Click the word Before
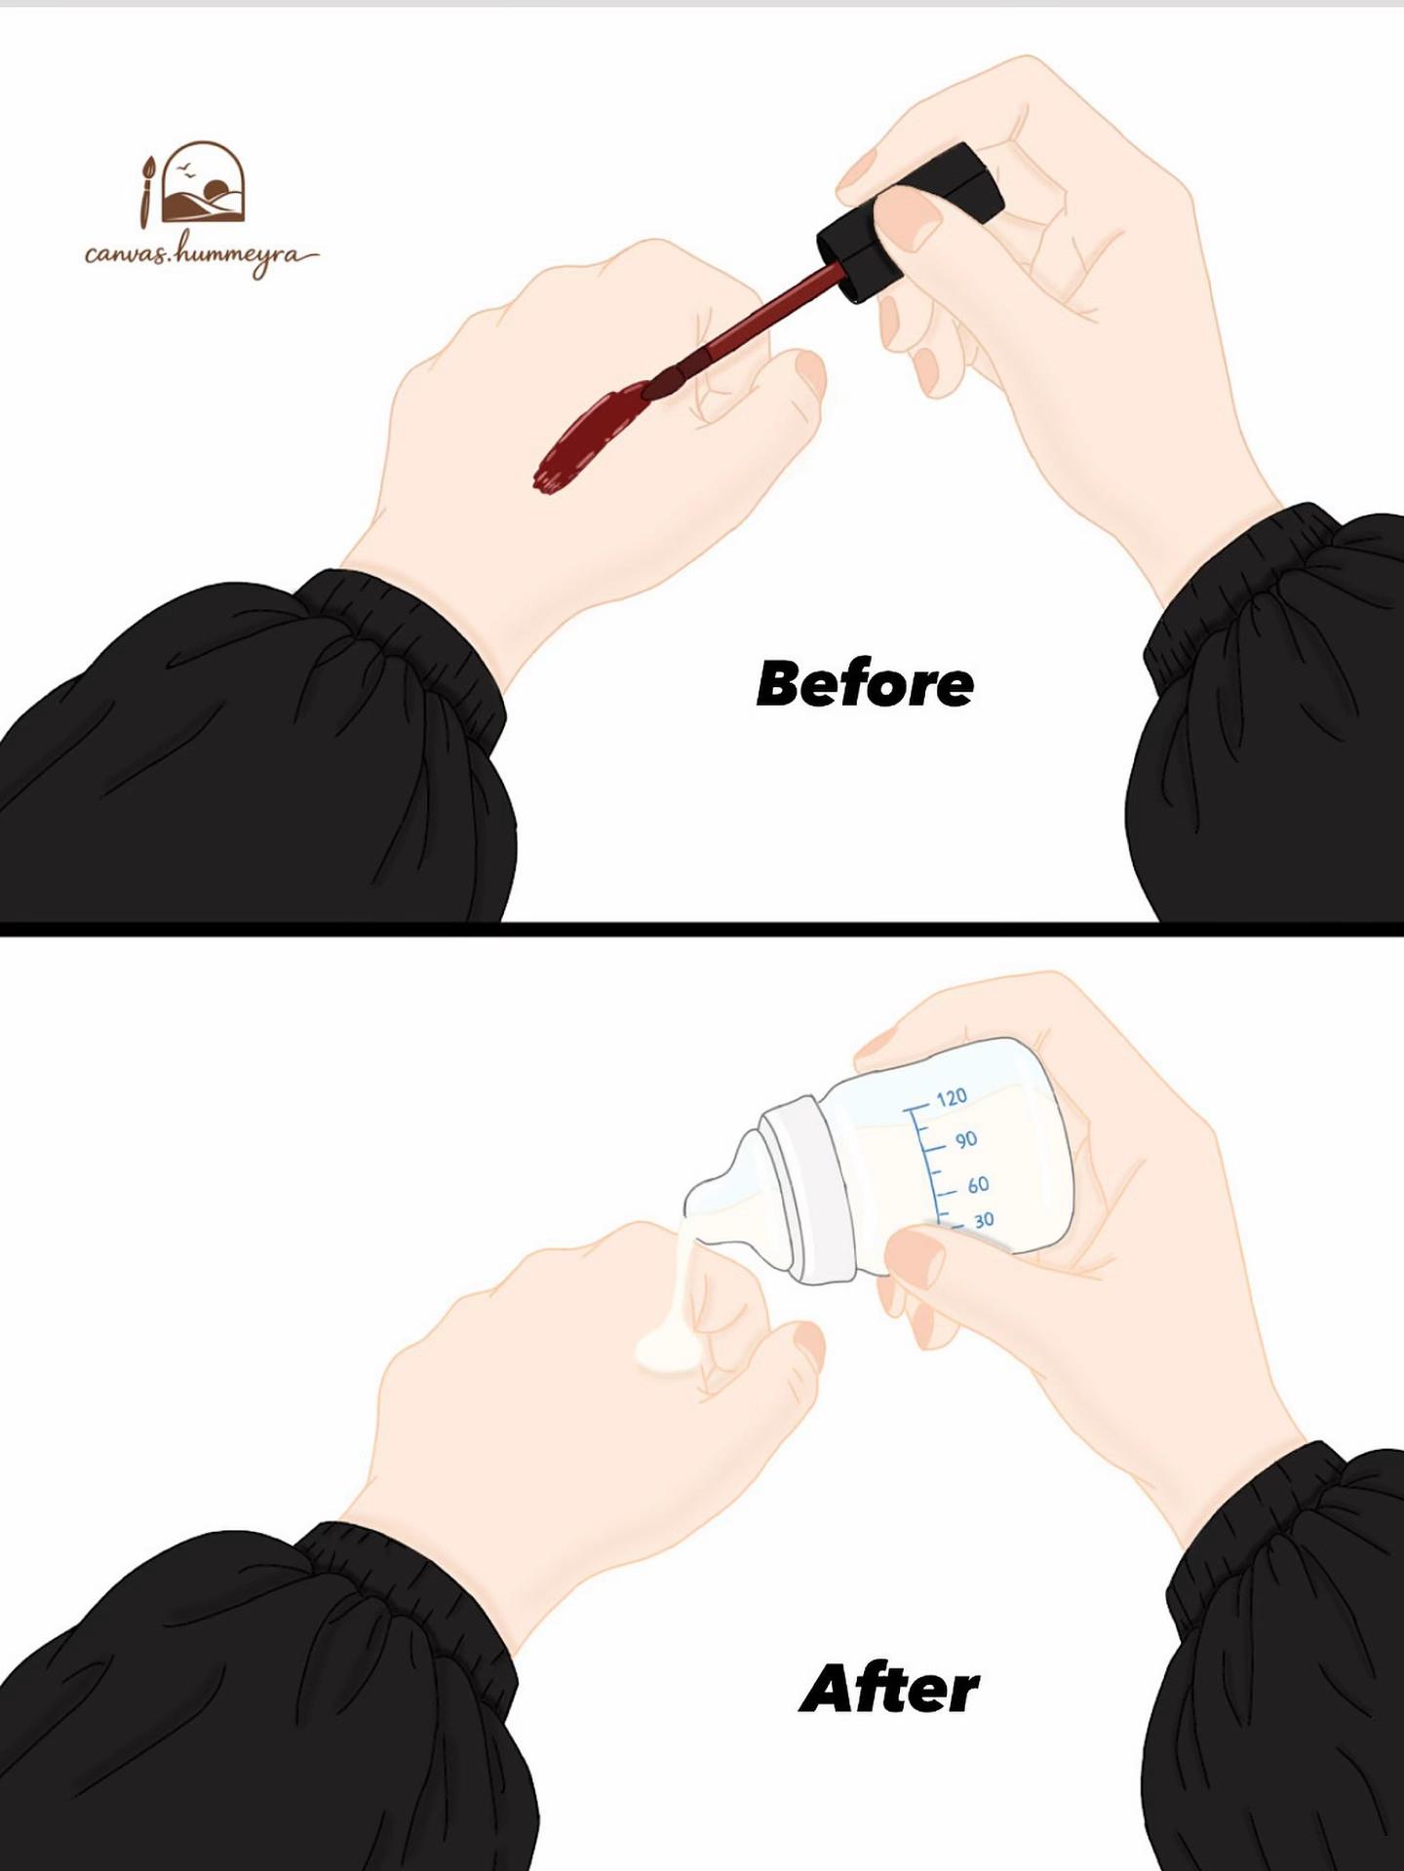point(865,684)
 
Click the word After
point(889,1689)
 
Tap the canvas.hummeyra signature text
point(200,255)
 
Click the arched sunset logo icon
point(204,182)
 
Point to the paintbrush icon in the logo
point(147,188)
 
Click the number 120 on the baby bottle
point(952,1098)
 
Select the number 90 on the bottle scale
point(965,1140)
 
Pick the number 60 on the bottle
point(978,1185)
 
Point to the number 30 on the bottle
point(984,1219)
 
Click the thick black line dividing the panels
point(702,929)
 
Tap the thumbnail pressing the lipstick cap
point(909,212)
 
